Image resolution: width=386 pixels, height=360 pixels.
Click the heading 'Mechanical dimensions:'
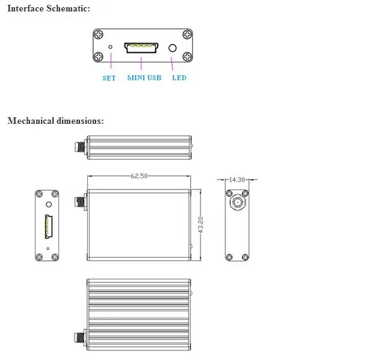pos(55,121)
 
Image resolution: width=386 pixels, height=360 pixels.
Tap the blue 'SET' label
pos(109,78)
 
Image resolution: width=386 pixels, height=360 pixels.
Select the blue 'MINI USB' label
pos(144,78)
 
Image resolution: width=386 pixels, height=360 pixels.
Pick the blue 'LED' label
pos(179,78)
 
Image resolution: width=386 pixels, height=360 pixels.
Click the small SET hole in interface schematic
pos(110,47)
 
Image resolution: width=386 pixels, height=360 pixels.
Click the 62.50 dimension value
pos(139,176)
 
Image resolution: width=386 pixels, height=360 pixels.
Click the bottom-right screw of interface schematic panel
pos(186,57)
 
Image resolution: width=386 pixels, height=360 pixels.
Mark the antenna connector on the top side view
pos(80,146)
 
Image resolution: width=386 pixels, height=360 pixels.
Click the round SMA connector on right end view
pos(237,203)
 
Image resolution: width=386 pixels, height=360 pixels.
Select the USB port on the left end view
pos(46,226)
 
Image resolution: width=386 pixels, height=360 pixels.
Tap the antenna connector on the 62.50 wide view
pos(80,203)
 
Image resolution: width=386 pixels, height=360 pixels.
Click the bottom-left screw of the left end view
pos(38,257)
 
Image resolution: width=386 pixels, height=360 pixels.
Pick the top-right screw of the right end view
pos(245,194)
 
